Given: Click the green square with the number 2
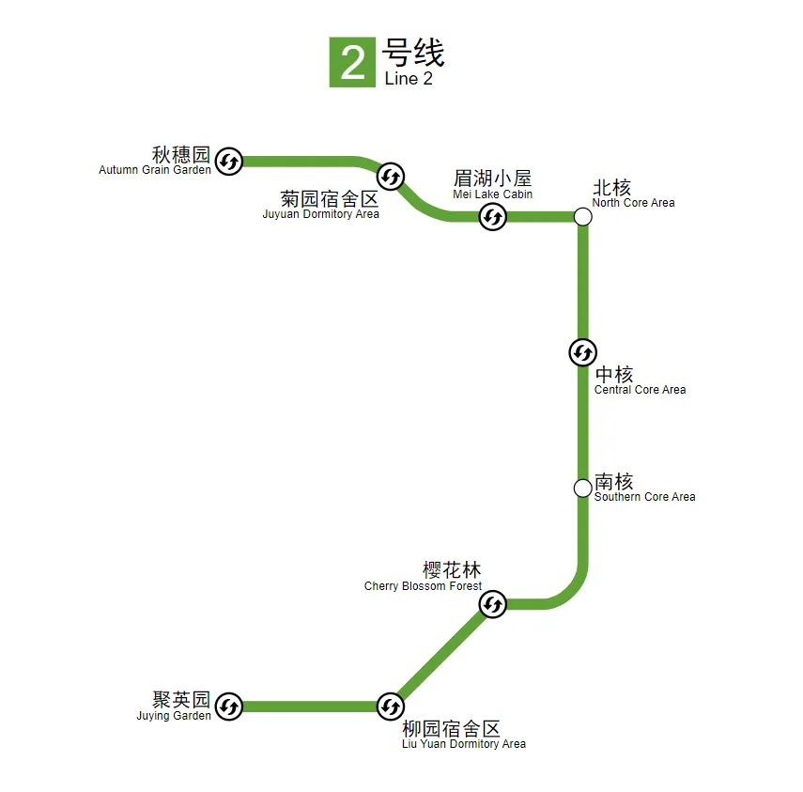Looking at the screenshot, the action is pos(352,62).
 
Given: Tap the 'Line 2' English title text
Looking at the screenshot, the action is pos(409,80).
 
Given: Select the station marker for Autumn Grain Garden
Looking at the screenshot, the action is pos(228,162).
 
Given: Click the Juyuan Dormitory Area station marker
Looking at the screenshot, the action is pos(391,176).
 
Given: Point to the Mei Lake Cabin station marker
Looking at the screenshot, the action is pos(493,217).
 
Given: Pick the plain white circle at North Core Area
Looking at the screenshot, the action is pos(582,217).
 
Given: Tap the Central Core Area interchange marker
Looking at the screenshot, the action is pos(582,352).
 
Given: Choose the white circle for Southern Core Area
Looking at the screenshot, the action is pos(582,488).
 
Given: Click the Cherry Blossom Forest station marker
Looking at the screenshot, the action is pos(493,605).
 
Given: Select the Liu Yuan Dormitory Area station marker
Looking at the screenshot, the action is pos(391,706).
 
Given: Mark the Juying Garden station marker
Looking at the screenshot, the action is pos(228,706).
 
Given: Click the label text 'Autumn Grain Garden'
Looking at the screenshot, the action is pos(155,171).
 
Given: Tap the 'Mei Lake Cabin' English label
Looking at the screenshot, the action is pos(492,194).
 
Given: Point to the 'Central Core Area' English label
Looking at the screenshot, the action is pos(640,390).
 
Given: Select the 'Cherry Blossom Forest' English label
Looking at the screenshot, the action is pos(423,586).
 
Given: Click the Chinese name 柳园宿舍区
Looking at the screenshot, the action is pos(451,728).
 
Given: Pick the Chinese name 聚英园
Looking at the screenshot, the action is pos(181,700).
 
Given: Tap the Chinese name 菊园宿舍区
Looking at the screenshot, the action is pos(330,199).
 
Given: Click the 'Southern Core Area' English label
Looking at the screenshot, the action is pos(644,497).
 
